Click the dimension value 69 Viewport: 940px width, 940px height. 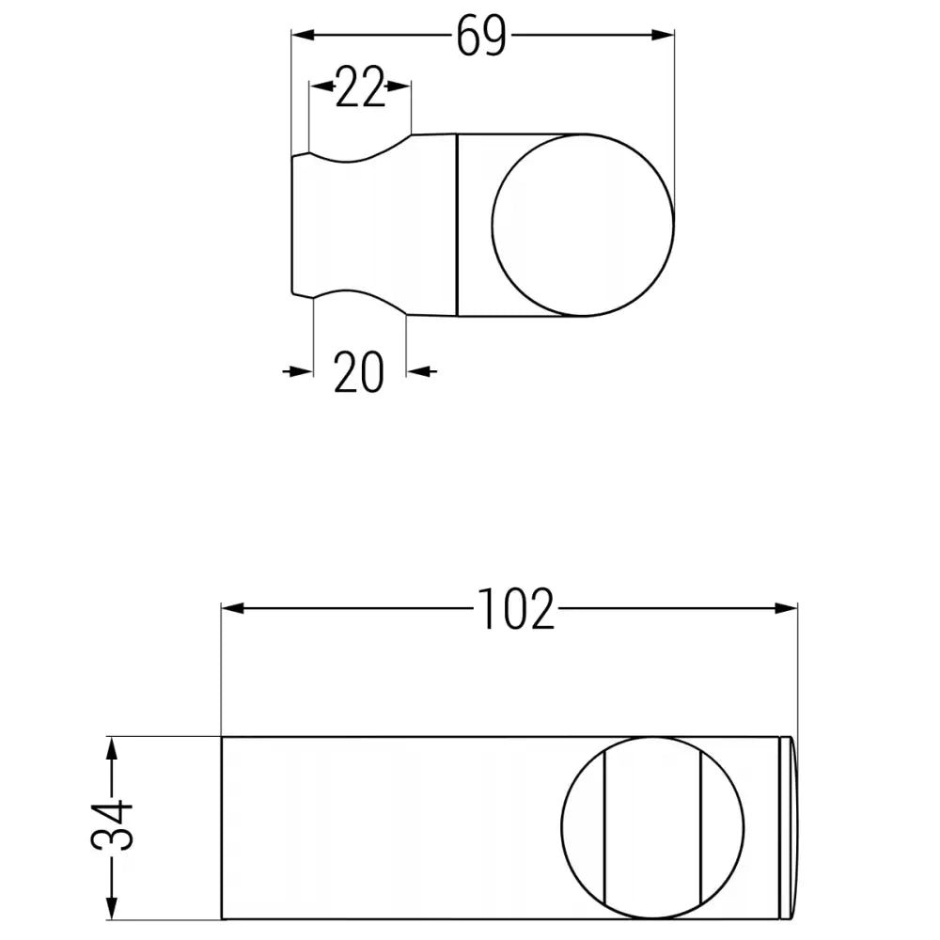(x=481, y=37)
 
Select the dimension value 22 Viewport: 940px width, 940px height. (x=360, y=88)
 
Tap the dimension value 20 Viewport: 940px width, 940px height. (x=359, y=372)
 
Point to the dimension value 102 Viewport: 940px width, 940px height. (x=516, y=609)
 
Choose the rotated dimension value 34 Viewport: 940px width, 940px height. (x=113, y=826)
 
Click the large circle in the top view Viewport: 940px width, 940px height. (x=583, y=225)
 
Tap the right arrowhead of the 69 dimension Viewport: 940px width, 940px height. (x=664, y=36)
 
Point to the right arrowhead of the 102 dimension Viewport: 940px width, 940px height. (x=786, y=608)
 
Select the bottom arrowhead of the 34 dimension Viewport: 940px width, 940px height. (x=112, y=908)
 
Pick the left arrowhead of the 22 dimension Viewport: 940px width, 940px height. (x=321, y=86)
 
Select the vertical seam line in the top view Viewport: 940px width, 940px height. (x=457, y=225)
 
